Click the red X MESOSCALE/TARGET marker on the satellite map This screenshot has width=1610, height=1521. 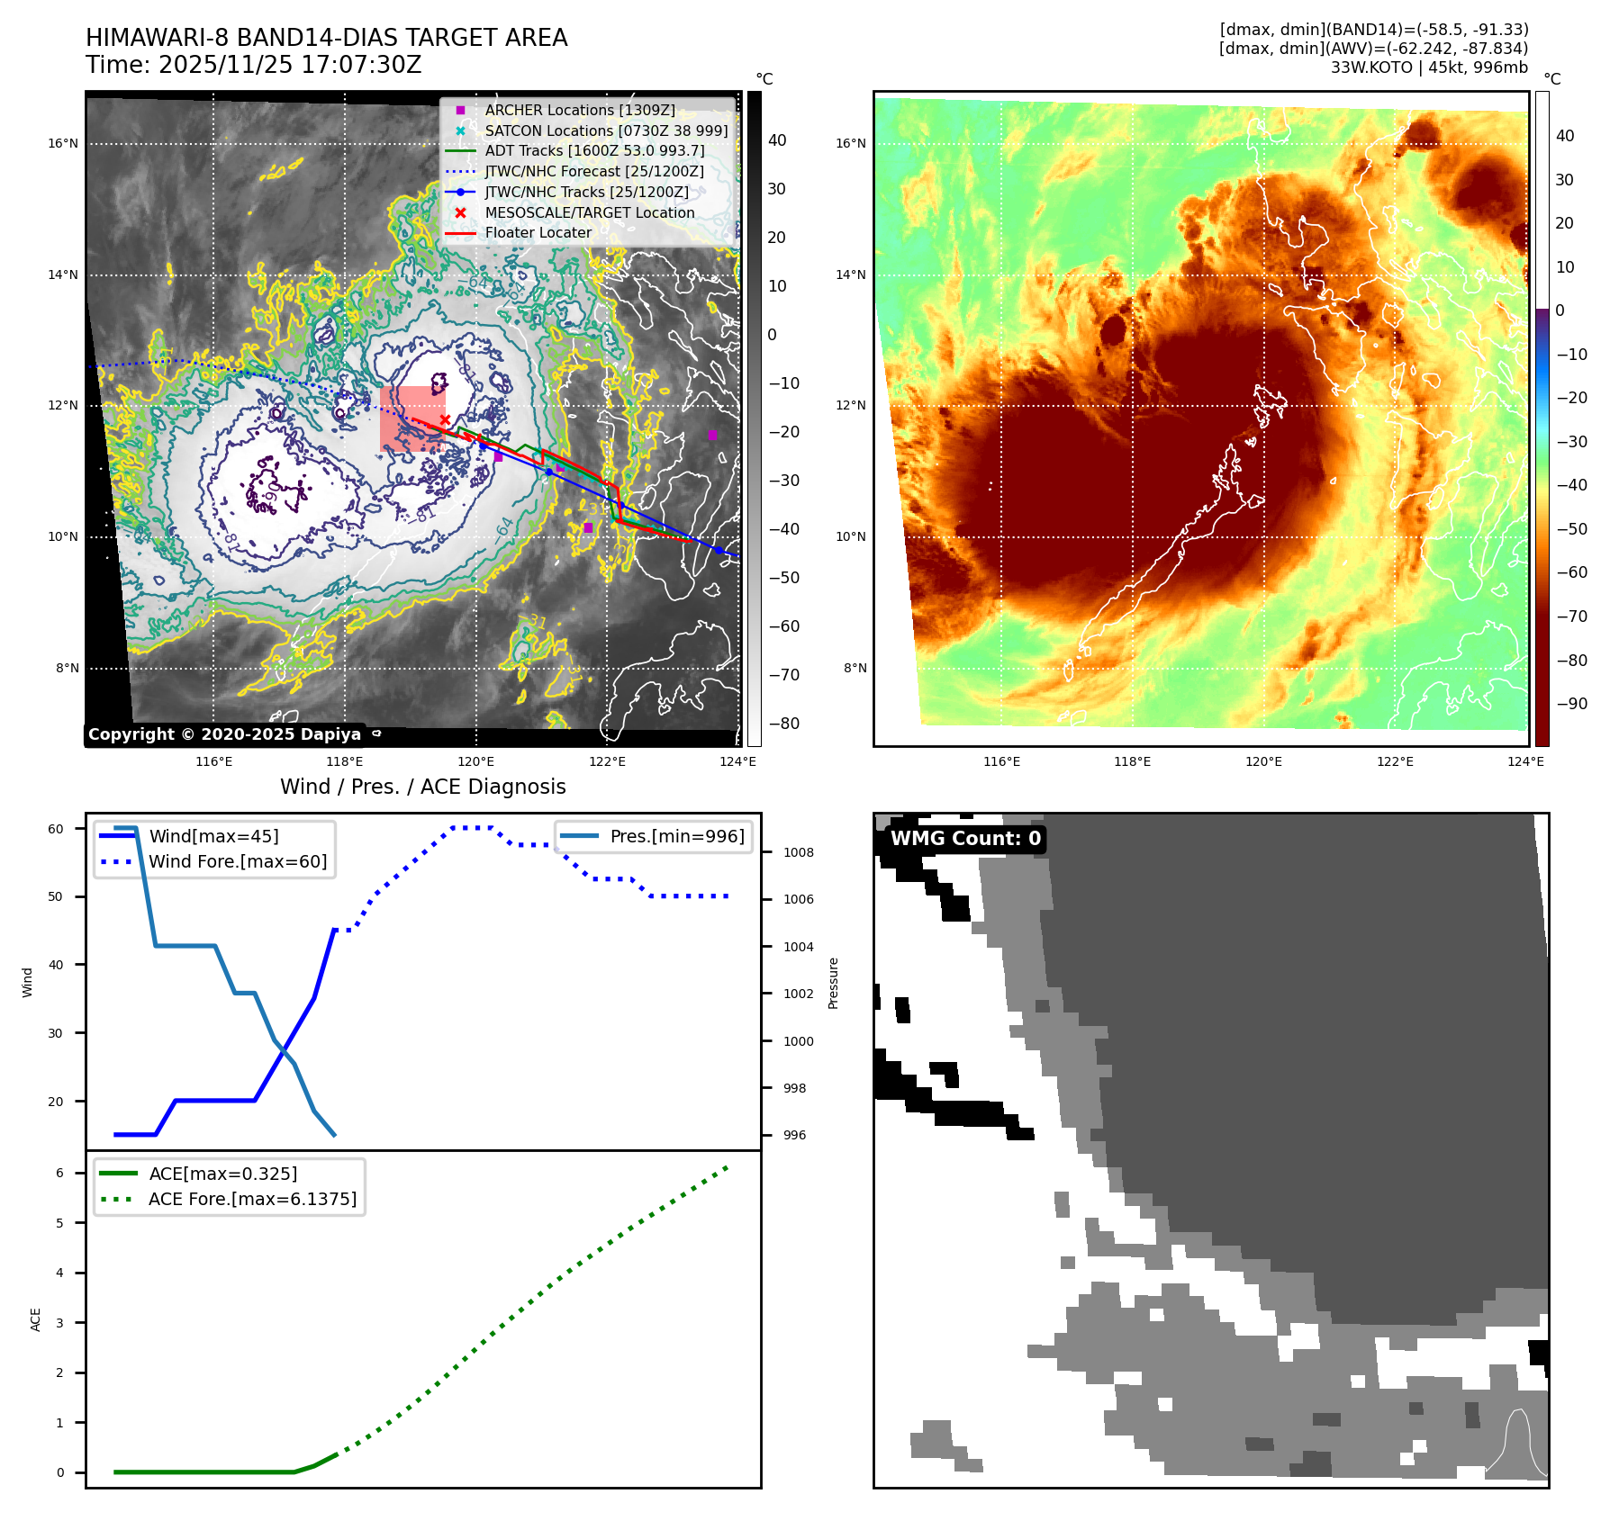tap(445, 419)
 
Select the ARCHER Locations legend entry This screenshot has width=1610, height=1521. tap(579, 110)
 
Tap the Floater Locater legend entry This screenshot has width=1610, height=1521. tap(538, 232)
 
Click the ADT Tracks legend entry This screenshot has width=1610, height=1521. tap(594, 150)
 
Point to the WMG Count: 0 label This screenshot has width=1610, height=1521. tap(965, 839)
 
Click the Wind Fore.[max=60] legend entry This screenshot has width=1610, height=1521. tap(238, 861)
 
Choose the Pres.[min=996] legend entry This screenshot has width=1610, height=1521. tap(677, 836)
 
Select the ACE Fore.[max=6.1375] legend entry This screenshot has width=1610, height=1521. tap(252, 1199)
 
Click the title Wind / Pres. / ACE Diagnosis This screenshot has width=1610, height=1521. tap(423, 787)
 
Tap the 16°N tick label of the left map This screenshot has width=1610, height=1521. tap(63, 143)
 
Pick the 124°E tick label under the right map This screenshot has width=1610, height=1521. tap(1525, 761)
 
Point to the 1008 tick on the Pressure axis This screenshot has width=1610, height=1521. tap(798, 852)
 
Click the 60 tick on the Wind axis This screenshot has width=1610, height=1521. tap(56, 829)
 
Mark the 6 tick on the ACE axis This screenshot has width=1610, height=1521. tap(59, 1173)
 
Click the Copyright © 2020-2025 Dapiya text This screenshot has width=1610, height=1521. tap(224, 734)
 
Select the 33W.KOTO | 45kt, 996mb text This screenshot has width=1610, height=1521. tap(1429, 67)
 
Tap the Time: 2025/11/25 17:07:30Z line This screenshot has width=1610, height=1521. tap(253, 65)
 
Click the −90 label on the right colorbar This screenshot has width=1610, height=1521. tap(1571, 704)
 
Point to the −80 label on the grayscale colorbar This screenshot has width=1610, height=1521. tap(783, 724)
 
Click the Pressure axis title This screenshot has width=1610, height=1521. tap(833, 983)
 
